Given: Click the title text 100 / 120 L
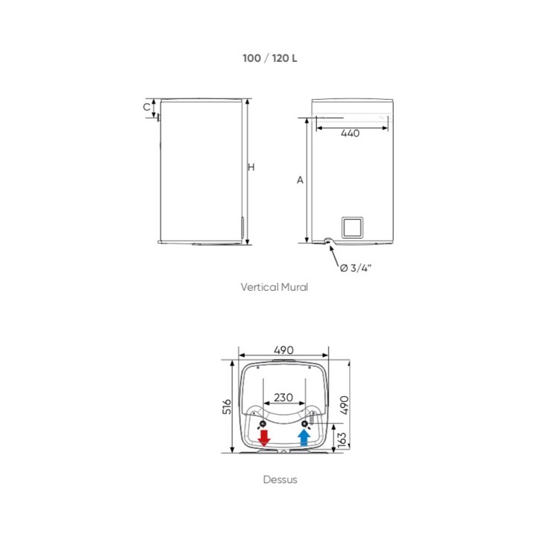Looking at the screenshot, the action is coord(270,58).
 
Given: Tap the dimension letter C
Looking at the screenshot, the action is coord(147,107).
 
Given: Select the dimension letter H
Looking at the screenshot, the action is coord(251,167).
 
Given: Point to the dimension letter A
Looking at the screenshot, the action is coord(300,180).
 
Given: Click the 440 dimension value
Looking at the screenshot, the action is coord(350,134).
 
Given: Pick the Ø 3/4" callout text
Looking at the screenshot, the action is coord(356,268).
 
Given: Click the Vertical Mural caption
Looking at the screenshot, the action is coord(274,287).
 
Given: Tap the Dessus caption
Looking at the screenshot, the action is coord(280,480).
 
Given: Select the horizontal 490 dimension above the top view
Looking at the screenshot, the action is coord(284,350).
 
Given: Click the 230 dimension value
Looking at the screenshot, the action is coord(283,398).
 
